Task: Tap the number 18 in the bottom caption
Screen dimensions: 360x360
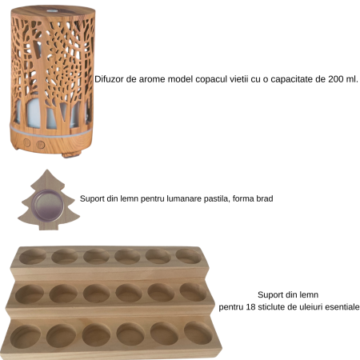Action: pos(250,307)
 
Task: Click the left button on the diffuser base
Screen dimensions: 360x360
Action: pos(27,142)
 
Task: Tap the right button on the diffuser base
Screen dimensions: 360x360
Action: pos(41,145)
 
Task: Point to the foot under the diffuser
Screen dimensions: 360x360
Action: pos(71,154)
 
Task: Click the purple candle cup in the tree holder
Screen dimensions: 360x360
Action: pos(48,206)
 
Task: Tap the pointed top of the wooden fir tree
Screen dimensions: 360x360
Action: pos(47,170)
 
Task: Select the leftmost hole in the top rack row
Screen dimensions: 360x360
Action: pos(33,257)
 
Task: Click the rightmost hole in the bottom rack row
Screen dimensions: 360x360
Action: pos(198,333)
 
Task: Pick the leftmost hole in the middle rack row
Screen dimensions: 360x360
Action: pos(30,294)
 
